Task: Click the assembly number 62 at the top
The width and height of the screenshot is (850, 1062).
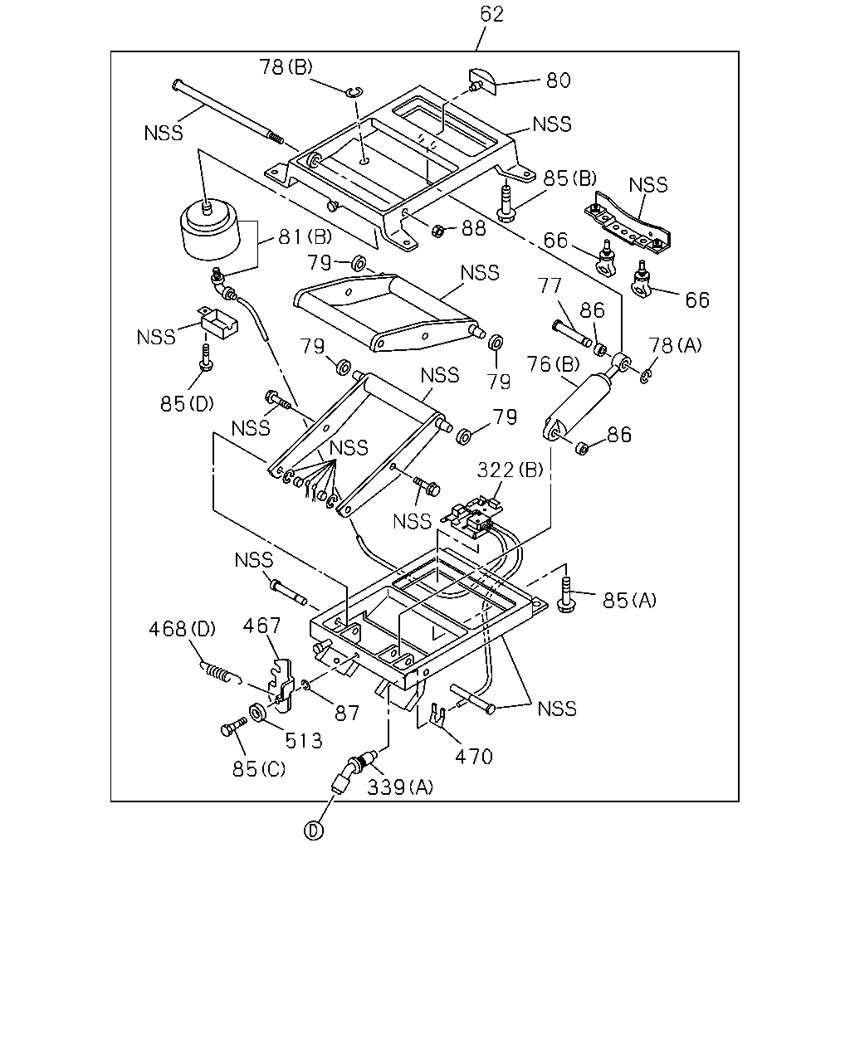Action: click(x=492, y=14)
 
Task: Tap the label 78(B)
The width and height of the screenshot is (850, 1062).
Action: click(x=286, y=67)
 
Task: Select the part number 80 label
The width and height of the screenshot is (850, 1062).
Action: click(x=559, y=80)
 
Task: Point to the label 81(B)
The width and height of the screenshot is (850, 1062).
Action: click(x=305, y=237)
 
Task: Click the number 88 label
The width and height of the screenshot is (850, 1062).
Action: click(x=474, y=228)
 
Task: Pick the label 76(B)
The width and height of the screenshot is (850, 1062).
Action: click(x=553, y=364)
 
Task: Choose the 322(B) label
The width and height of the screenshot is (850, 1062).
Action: click(x=510, y=470)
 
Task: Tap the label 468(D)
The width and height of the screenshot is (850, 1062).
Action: click(x=183, y=629)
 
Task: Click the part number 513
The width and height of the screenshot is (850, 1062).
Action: click(x=304, y=740)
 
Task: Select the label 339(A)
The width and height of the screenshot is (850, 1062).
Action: click(x=400, y=787)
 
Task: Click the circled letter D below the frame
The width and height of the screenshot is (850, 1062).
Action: click(x=314, y=831)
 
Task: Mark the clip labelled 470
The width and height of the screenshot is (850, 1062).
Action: click(x=437, y=714)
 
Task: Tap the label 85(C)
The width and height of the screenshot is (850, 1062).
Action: click(x=259, y=769)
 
